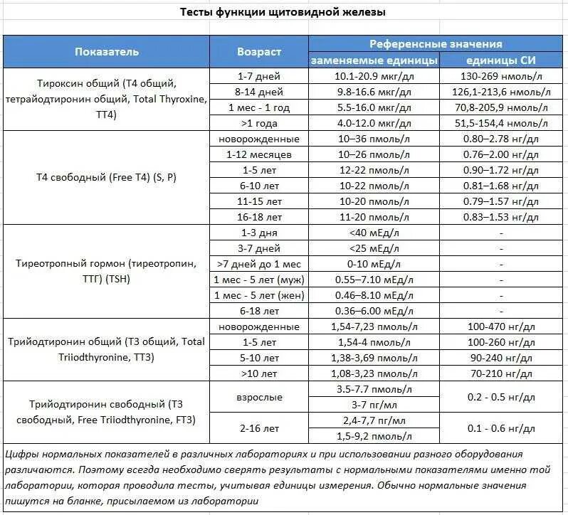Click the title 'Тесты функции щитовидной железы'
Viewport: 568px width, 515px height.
[x=283, y=13]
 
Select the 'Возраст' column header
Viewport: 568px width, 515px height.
[x=258, y=51]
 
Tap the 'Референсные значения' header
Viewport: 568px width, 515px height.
[x=436, y=44]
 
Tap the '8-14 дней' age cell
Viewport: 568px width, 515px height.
[x=258, y=92]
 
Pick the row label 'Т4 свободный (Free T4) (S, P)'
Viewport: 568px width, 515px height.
[x=107, y=178]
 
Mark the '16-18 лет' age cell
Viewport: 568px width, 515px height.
[x=258, y=216]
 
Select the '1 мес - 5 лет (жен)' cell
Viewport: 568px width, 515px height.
[x=258, y=295]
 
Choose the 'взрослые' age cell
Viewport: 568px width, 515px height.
[x=258, y=397]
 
